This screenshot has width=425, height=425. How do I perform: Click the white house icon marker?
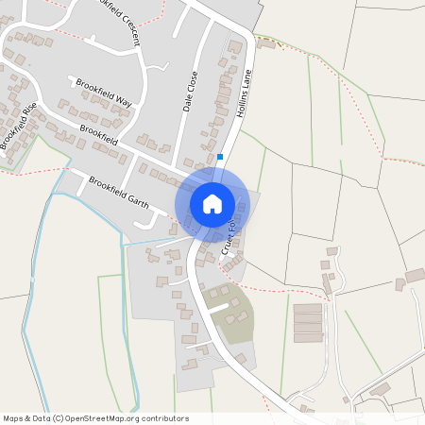tap(212, 203)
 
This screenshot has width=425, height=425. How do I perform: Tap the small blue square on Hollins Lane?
tap(220, 157)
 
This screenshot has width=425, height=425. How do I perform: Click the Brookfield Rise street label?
tap(18, 125)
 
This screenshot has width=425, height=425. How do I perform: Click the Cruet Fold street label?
tap(229, 235)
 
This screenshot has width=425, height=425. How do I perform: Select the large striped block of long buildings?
tap(308, 323)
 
